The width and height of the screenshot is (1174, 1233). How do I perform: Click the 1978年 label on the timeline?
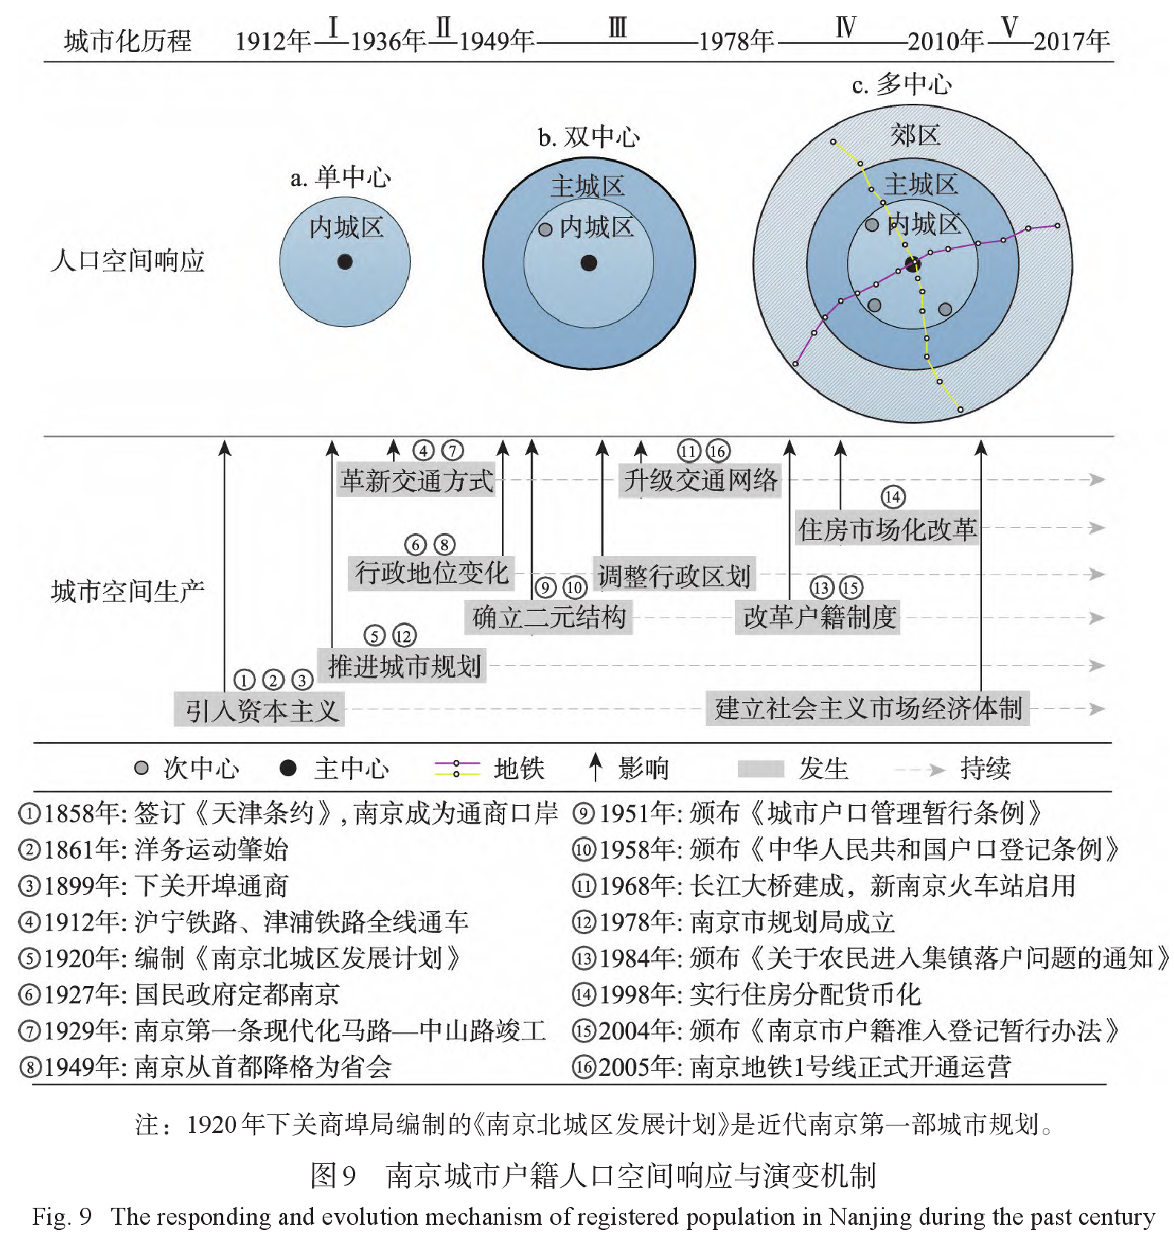(x=736, y=41)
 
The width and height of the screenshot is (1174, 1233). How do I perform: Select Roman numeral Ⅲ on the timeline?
(x=617, y=29)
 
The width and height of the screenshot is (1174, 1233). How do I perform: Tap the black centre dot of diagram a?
(x=345, y=262)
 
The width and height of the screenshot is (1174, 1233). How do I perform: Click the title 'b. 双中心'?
(x=589, y=137)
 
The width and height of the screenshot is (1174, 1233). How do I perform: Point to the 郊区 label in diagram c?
(x=915, y=136)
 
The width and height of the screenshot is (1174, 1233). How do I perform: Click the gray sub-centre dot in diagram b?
(x=545, y=229)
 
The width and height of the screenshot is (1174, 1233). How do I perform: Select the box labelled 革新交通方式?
(x=416, y=480)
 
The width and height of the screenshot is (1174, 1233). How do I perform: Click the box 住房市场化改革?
(x=887, y=529)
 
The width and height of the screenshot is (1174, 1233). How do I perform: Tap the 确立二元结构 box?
(x=549, y=618)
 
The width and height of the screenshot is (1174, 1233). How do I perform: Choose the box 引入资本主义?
(x=260, y=710)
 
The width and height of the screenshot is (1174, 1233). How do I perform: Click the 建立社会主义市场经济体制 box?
(x=868, y=709)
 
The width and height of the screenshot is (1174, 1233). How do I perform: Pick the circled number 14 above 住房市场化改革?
(x=893, y=498)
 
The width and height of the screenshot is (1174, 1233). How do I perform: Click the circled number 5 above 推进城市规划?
(x=375, y=635)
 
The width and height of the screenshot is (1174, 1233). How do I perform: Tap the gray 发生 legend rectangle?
(x=760, y=769)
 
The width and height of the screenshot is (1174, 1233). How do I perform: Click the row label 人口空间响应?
(x=127, y=261)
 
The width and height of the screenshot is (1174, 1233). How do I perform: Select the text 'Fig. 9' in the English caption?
(x=62, y=1217)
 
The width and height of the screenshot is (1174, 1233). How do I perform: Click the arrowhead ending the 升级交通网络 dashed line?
(x=1096, y=480)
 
